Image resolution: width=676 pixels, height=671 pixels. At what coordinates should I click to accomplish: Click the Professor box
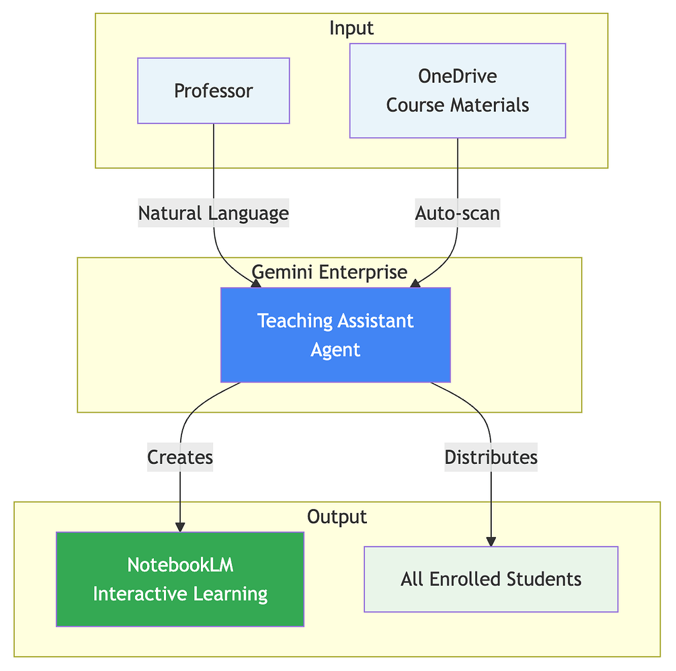pos(213,91)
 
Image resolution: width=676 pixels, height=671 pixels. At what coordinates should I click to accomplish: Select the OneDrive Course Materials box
pos(457,91)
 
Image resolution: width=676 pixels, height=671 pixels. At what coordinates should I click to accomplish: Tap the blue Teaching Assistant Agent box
pos(335,335)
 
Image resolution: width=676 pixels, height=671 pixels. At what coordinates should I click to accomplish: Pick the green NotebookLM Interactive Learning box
pos(180,579)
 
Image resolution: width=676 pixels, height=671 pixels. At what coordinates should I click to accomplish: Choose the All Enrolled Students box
pos(491,579)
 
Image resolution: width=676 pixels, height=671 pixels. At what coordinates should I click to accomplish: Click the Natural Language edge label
pos(213,213)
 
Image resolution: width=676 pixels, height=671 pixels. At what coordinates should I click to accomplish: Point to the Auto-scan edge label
pos(457,213)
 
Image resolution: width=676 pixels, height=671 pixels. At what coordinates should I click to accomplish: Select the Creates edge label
pos(180,457)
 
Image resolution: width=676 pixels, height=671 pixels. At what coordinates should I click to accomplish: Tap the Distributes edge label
pos(491,457)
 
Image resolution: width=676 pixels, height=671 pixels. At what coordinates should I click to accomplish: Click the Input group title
pos(351,28)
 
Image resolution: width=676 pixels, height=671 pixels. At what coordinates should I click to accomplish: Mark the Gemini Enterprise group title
pos(329,272)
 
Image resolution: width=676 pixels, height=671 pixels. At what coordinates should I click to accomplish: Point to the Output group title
pos(337,516)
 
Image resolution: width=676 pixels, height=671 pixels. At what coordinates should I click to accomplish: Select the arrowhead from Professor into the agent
pos(256,284)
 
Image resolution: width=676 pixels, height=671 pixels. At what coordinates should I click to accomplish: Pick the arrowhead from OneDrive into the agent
pos(415,284)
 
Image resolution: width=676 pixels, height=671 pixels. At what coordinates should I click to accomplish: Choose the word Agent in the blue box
pos(335,350)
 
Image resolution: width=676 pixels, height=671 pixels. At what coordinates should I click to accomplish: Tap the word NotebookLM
pos(180,565)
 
